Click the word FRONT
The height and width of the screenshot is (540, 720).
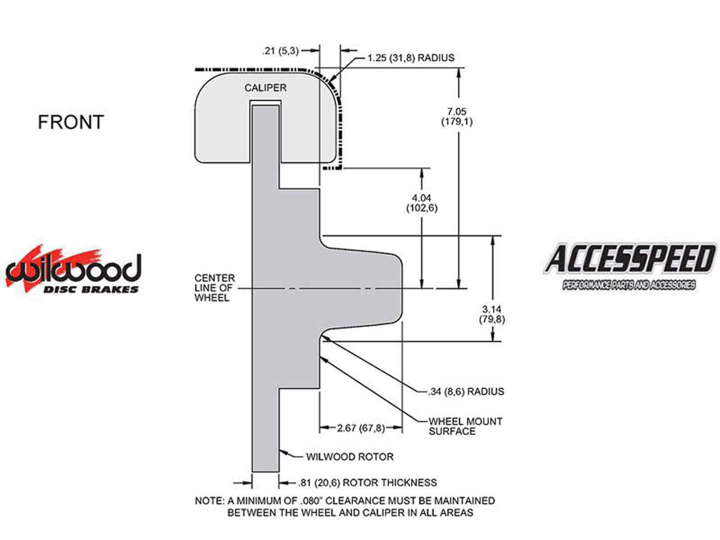click(71, 122)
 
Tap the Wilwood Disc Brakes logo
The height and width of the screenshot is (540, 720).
click(73, 270)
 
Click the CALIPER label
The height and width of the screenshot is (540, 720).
click(265, 88)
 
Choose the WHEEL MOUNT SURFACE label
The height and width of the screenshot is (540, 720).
click(465, 426)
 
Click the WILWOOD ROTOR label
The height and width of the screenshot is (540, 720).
click(350, 457)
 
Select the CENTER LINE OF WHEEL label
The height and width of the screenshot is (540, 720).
click(215, 288)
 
